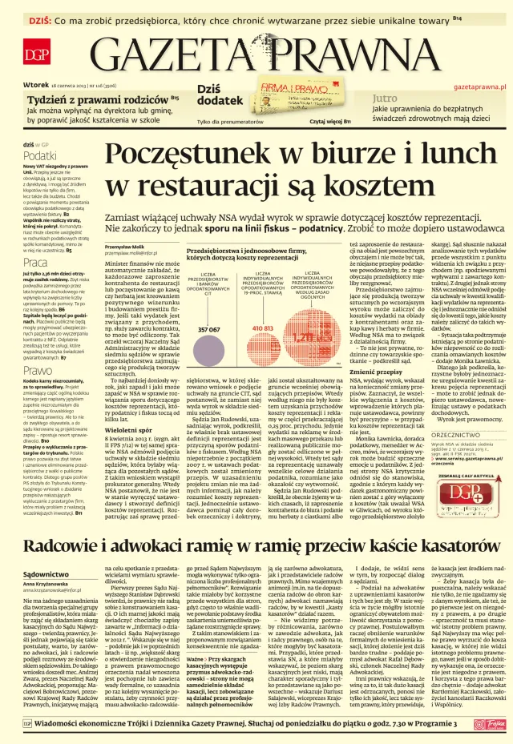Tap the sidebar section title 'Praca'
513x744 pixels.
pyautogui.click(x=35, y=262)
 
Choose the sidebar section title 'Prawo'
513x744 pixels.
pyautogui.click(x=38, y=370)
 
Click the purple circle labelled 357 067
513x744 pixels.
pyautogui.click(x=209, y=328)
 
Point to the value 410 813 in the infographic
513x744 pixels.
pyautogui.click(x=263, y=328)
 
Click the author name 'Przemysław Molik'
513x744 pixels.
pyautogui.click(x=127, y=247)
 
